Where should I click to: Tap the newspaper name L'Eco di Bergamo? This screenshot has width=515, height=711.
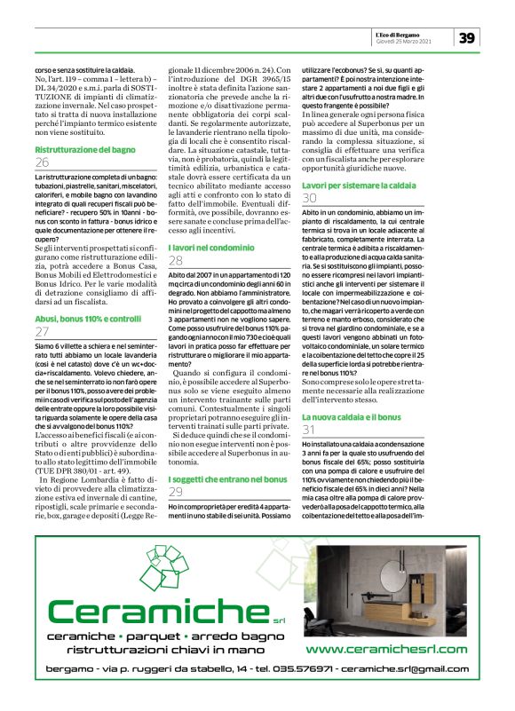(x=427, y=33)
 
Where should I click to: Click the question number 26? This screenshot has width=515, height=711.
(x=42, y=163)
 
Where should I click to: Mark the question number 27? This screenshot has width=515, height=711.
(x=42, y=331)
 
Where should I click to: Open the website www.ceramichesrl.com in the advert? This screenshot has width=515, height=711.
(x=386, y=650)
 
